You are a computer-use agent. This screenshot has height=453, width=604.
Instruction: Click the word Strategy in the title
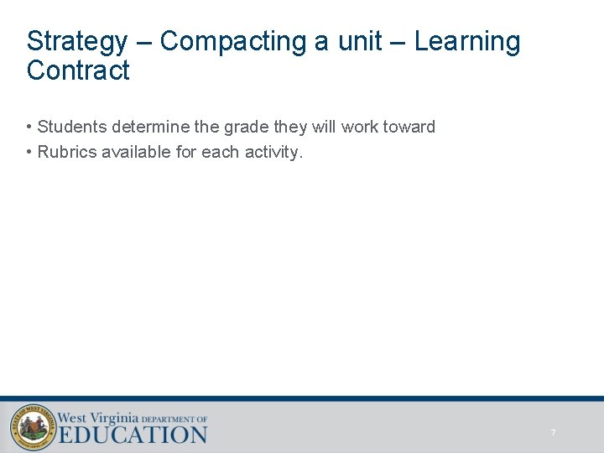point(77,41)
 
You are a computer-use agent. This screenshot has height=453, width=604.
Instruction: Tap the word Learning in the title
point(467,41)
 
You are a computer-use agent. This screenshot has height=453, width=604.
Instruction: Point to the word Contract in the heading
point(78,70)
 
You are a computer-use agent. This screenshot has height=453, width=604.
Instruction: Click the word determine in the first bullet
point(148,128)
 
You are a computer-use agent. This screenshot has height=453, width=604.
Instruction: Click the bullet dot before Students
point(29,128)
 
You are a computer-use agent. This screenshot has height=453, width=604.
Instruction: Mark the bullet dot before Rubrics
point(29,153)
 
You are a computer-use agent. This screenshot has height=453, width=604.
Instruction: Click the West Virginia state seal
point(33,426)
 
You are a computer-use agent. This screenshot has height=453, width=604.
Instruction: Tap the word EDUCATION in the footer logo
point(133,435)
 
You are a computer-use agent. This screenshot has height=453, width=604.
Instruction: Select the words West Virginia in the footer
point(97,416)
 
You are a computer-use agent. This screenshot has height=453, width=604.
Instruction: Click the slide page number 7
point(553,432)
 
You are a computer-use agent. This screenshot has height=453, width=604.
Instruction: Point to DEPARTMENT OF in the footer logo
point(174,419)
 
